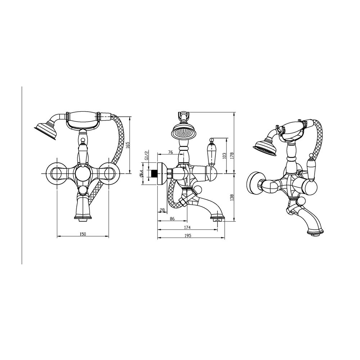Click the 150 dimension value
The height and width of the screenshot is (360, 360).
pos(83,234)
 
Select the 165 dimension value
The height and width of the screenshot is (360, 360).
pos(128,145)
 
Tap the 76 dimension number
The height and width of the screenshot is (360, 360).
pos(170,152)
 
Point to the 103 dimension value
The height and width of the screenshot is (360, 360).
pos(224,156)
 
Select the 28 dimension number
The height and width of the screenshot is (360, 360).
pos(162,210)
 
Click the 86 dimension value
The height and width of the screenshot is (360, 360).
pos(172,219)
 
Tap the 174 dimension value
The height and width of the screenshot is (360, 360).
pos(187,228)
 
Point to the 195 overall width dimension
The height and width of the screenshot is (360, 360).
pos(188,235)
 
